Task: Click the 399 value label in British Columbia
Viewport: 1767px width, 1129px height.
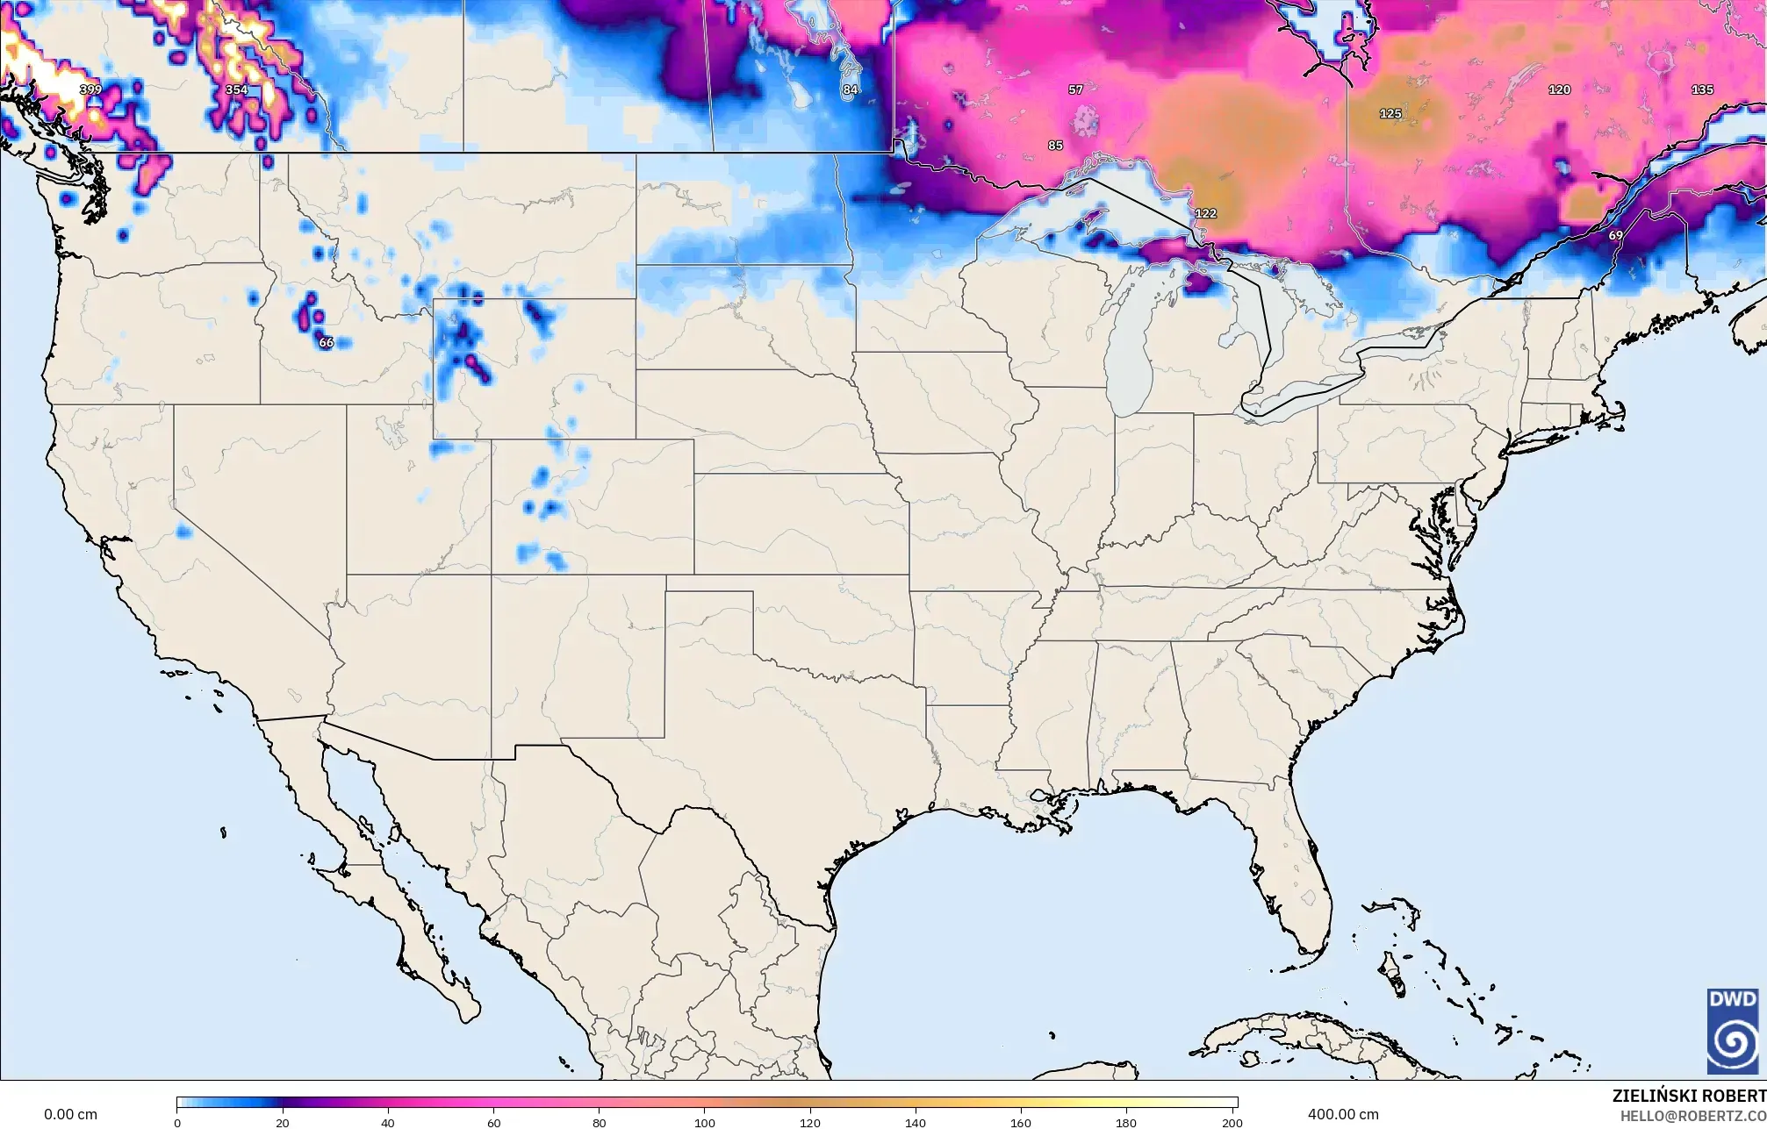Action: (x=90, y=89)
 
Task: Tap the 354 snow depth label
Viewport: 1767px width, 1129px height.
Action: (x=236, y=89)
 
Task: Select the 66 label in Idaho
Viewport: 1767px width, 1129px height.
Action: (x=326, y=342)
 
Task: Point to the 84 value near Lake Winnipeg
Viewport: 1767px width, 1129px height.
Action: (x=850, y=89)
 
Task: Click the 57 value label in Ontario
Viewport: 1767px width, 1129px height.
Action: (x=1075, y=89)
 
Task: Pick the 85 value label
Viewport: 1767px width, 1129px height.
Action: (x=1055, y=145)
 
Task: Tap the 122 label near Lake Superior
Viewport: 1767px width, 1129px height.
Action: (x=1206, y=213)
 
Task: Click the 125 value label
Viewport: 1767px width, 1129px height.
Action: (x=1390, y=113)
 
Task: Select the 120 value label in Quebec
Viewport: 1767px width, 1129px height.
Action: (x=1559, y=89)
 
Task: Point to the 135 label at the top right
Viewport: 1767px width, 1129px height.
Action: (x=1702, y=89)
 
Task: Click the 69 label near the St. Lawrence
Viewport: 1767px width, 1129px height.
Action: (x=1616, y=235)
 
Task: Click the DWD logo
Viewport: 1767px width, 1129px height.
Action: (x=1733, y=1031)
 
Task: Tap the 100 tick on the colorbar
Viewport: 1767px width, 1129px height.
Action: (x=705, y=1122)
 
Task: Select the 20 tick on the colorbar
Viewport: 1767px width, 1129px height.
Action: (x=282, y=1122)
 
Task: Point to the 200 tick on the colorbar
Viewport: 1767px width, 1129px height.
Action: (x=1232, y=1122)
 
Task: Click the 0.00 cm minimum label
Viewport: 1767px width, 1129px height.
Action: (x=70, y=1114)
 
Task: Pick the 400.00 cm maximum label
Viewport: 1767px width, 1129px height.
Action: (x=1343, y=1114)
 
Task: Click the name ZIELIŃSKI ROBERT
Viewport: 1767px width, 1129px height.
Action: (x=1689, y=1096)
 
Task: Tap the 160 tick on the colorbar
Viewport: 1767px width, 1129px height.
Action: (x=1021, y=1122)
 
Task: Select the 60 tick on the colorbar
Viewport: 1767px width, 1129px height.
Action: (x=493, y=1122)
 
